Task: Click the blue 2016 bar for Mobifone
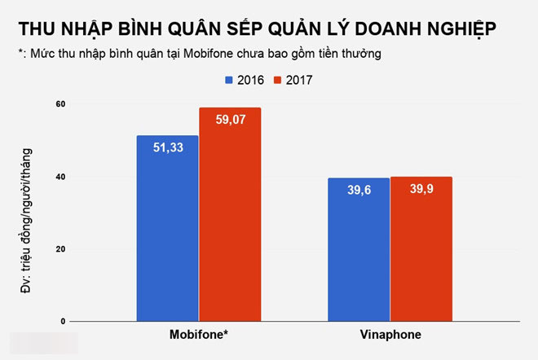click(167, 228)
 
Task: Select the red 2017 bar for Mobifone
click(230, 216)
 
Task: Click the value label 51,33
click(167, 148)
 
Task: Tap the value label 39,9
click(421, 190)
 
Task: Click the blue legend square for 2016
click(228, 80)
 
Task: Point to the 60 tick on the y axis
click(60, 104)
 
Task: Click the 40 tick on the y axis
click(60, 177)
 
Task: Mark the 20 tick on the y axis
click(60, 249)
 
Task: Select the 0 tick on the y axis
click(63, 322)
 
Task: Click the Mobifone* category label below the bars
click(198, 336)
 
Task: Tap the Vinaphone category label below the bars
click(389, 336)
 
